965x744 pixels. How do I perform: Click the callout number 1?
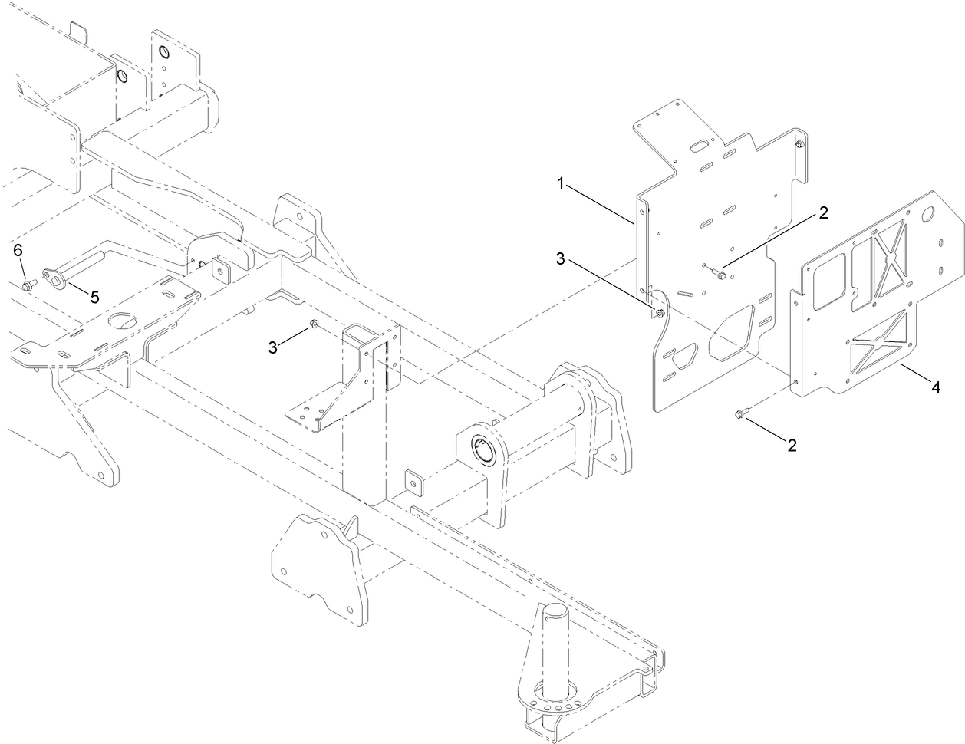562,183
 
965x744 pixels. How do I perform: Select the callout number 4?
935,388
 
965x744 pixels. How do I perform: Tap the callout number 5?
94,297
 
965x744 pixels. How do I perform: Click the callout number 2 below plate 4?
790,445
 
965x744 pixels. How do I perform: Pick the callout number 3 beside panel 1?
562,259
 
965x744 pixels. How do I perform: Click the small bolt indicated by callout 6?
28,285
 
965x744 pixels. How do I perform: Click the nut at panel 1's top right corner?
800,144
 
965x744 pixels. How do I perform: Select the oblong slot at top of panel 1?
700,146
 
